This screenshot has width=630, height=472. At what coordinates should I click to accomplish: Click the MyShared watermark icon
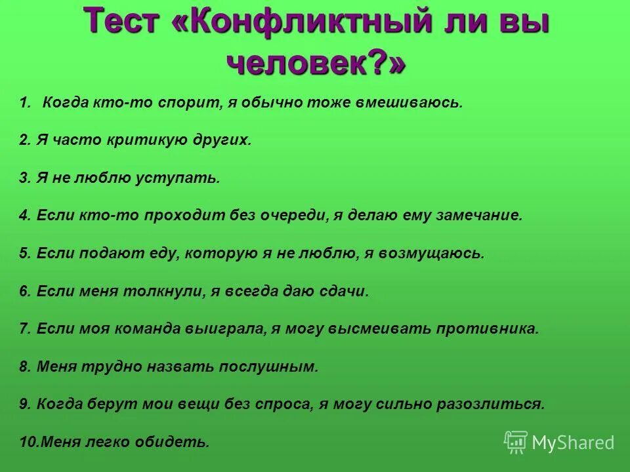[x=516, y=442]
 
